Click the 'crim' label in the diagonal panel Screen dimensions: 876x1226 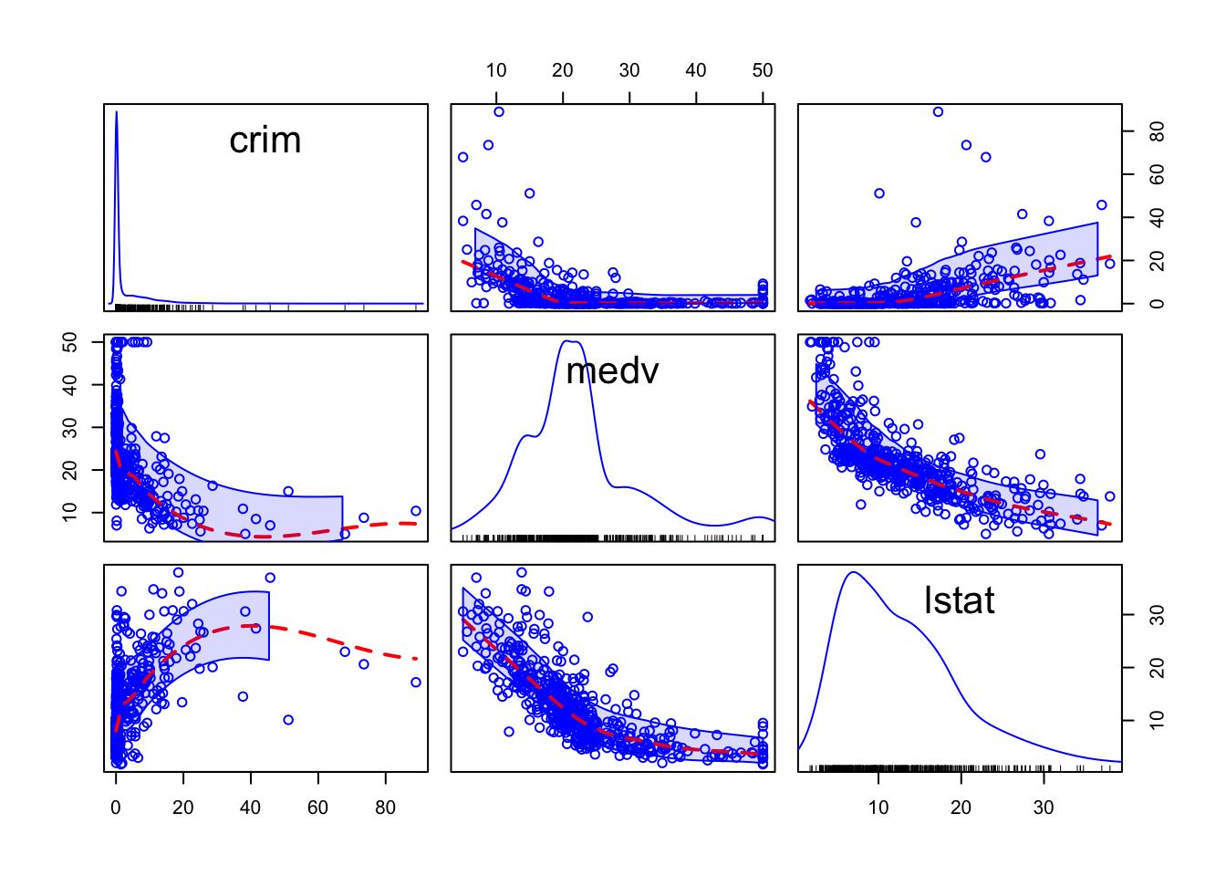click(265, 141)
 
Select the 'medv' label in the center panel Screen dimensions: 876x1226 click(612, 370)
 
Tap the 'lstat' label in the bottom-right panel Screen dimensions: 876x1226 click(959, 600)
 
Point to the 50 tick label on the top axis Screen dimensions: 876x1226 click(763, 70)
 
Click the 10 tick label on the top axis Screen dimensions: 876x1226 click(496, 70)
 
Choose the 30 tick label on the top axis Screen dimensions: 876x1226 click(629, 70)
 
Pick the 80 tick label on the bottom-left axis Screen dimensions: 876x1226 click(385, 808)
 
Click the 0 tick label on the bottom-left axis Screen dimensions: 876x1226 click(116, 808)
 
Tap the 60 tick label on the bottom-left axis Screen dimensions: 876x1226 click(317, 808)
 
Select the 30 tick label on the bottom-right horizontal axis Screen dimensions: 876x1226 click(1044, 808)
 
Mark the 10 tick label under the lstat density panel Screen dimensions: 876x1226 click(878, 808)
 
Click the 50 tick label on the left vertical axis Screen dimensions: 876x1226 click(70, 342)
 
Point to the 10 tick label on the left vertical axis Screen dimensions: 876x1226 click(70, 513)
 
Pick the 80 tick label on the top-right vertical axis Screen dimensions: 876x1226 click(1157, 132)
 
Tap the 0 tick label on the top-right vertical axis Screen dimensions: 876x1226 click(1157, 304)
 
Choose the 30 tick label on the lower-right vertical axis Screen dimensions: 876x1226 click(1157, 615)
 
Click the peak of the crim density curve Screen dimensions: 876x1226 click(117, 112)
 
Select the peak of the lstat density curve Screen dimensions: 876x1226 click(854, 573)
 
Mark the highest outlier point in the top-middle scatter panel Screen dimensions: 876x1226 click(499, 112)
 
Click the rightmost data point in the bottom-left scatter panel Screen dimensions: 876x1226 click(416, 683)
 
